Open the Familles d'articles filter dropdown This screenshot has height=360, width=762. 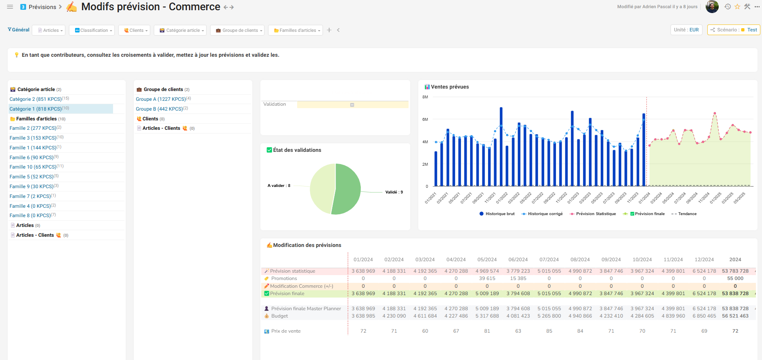(297, 30)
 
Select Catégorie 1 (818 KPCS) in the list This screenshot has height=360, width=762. (36, 109)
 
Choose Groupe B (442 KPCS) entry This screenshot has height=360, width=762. (159, 109)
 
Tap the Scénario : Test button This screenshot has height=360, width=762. (733, 30)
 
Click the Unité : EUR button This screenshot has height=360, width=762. (686, 30)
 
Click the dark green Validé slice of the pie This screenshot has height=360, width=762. (347, 189)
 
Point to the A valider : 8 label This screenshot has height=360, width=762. (279, 186)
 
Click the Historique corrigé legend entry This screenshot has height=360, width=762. (544, 214)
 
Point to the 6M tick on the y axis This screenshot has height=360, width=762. (425, 120)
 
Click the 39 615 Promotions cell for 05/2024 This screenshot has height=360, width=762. (487, 278)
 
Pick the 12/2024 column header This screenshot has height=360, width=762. (704, 260)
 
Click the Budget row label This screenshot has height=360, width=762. (280, 316)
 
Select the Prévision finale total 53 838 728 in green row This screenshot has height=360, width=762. (735, 293)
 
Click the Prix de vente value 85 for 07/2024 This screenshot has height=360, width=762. (549, 331)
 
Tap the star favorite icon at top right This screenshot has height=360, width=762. (737, 7)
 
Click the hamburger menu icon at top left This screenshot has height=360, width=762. (10, 7)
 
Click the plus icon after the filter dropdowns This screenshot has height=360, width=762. (329, 30)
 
